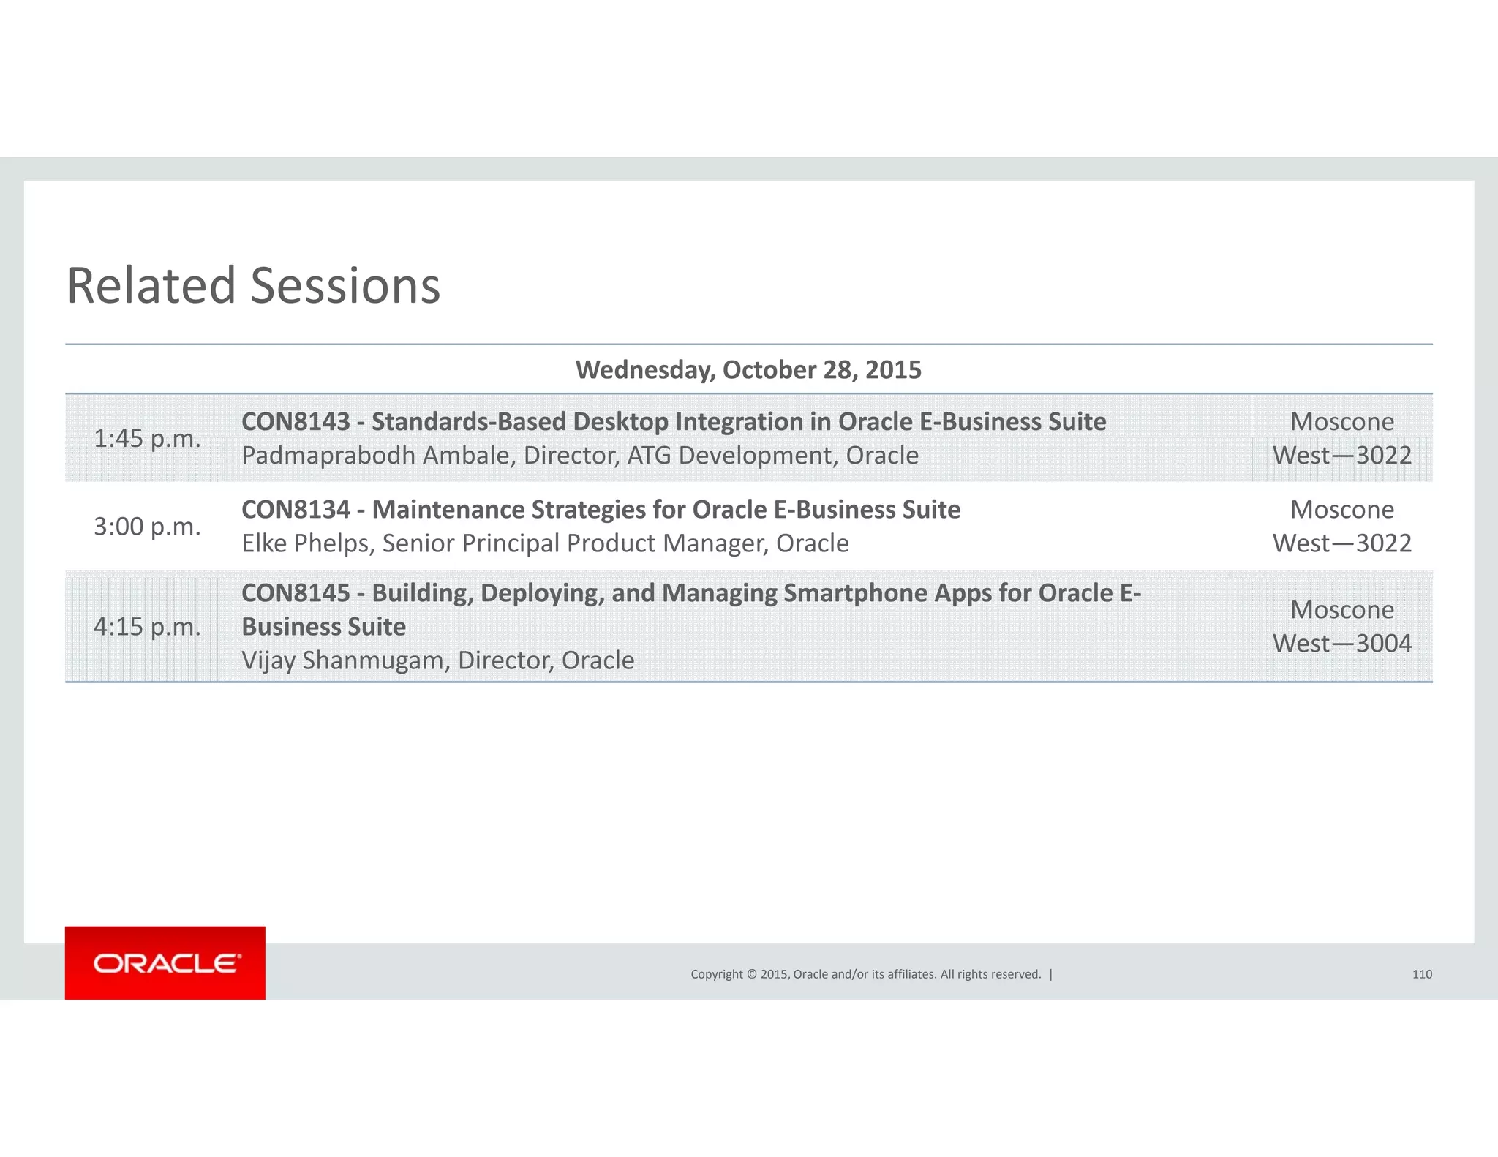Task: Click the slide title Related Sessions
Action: coord(253,286)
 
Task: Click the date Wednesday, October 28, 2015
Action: coord(748,370)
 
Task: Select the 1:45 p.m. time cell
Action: coord(147,439)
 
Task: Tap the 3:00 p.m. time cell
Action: coord(147,527)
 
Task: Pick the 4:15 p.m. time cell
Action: coord(147,627)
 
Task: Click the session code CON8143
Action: coord(296,422)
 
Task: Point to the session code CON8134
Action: coord(296,510)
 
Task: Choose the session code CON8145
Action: coord(296,593)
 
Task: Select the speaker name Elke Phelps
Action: coord(307,543)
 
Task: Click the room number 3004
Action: coord(1384,644)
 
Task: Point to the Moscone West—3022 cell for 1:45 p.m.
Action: coord(1341,439)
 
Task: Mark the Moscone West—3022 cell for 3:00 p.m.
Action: coord(1341,527)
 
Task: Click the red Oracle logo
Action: coord(165,962)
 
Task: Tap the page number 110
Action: coord(1422,974)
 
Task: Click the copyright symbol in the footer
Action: coord(750,974)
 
